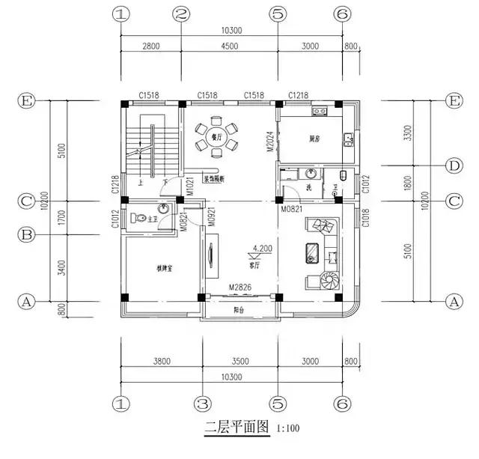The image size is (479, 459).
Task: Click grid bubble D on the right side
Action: [452, 165]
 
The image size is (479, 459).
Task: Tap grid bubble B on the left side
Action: [26, 234]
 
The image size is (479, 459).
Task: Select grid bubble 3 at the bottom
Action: [200, 403]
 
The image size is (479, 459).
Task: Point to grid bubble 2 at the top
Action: [180, 14]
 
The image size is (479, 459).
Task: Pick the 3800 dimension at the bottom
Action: [162, 361]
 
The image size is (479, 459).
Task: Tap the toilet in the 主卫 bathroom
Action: [138, 219]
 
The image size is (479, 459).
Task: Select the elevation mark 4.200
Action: [263, 247]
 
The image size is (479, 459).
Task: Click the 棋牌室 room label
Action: [165, 267]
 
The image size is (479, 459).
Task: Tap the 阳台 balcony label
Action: [239, 308]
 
